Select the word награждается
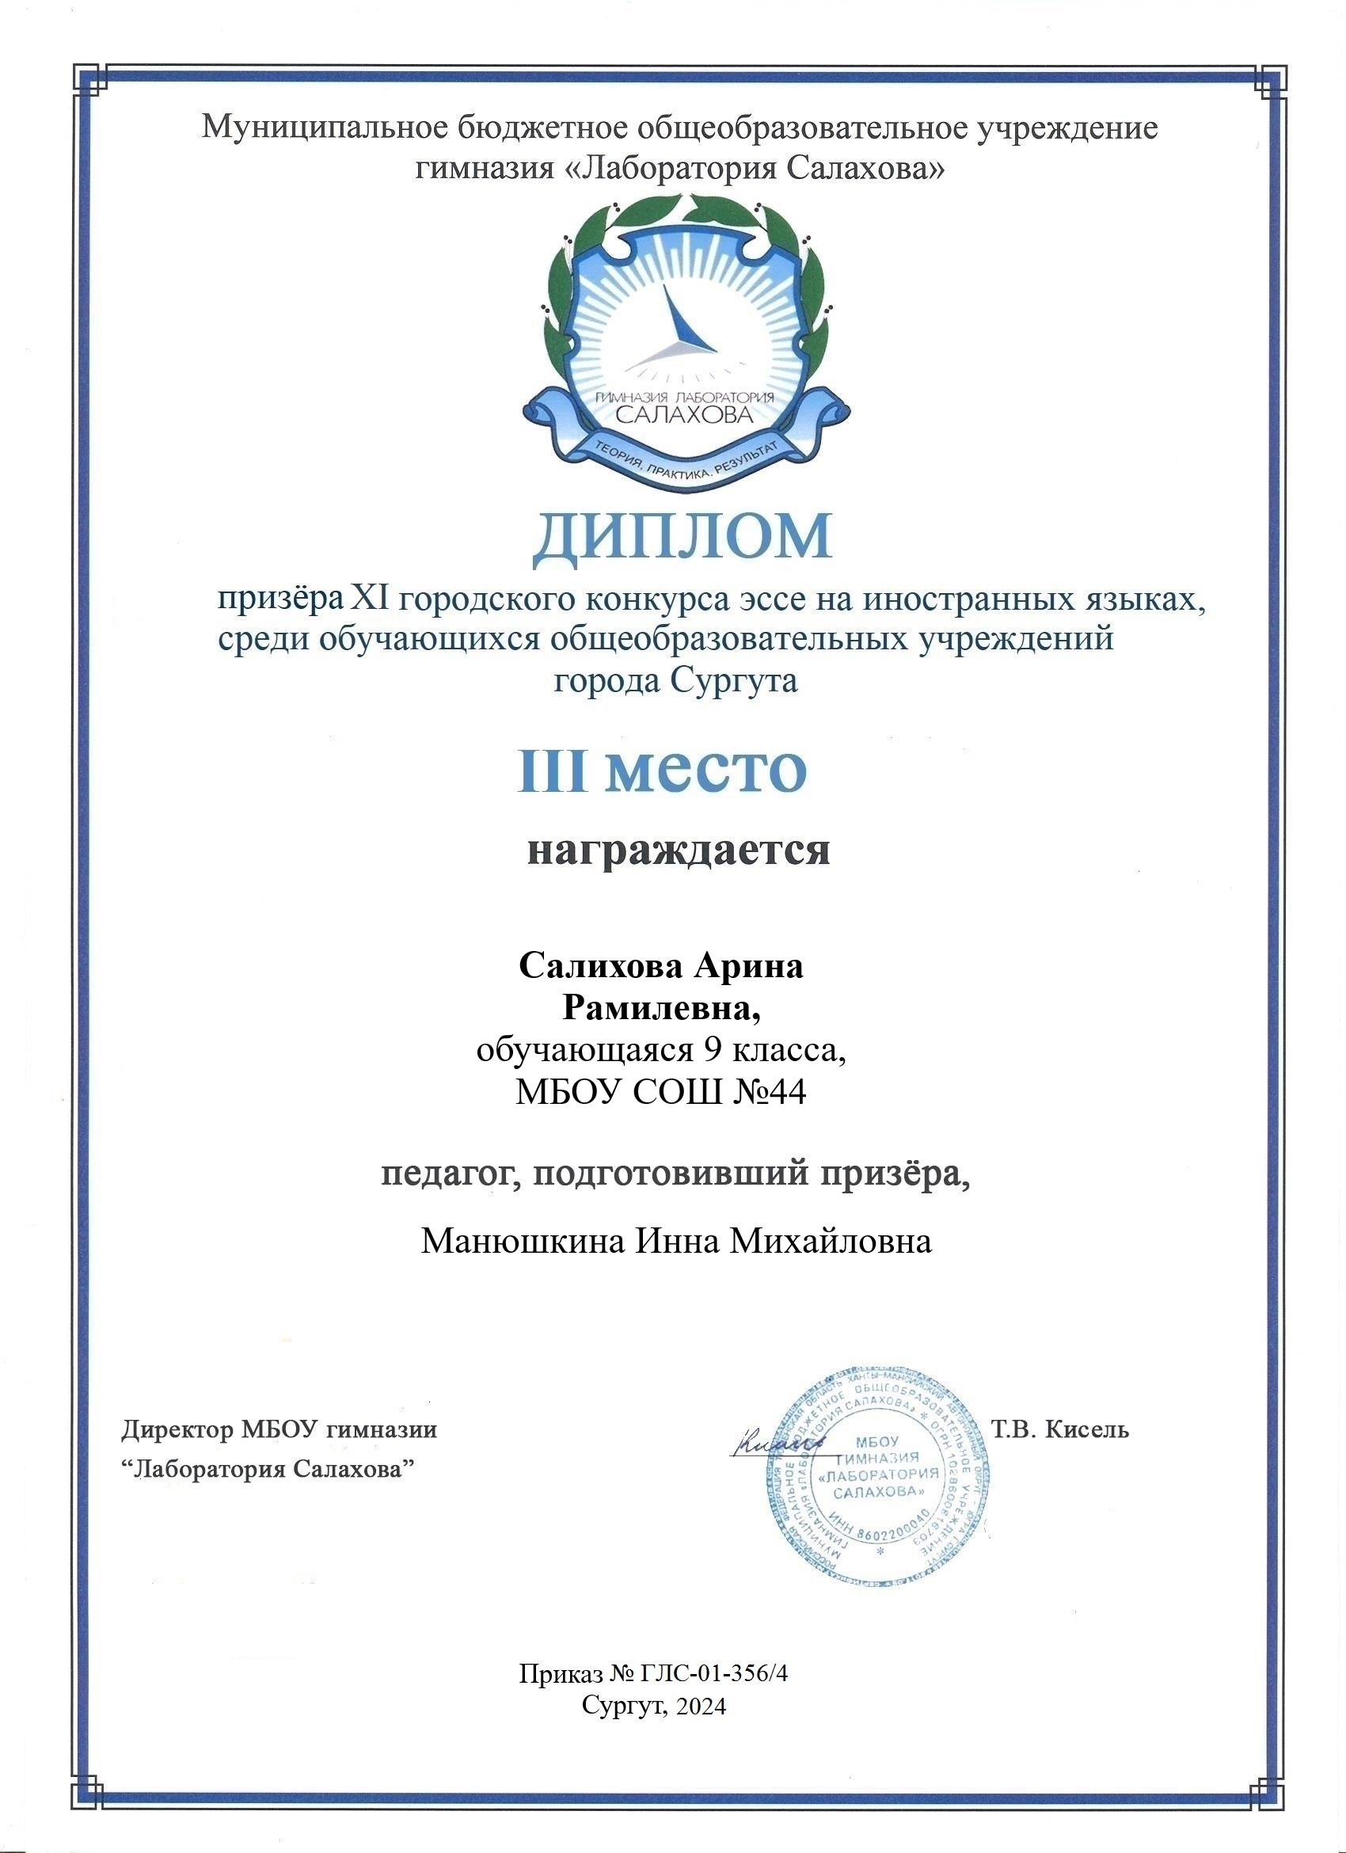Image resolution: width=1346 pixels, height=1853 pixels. click(678, 850)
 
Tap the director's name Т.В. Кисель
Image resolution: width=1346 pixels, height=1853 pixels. click(1059, 1430)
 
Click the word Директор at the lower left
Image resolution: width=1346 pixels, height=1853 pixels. click(177, 1430)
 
